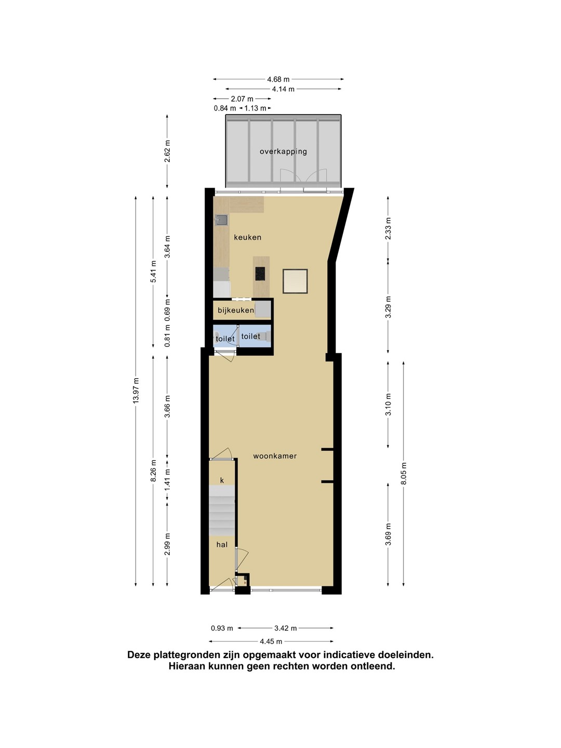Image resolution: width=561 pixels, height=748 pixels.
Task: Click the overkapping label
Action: (283, 152)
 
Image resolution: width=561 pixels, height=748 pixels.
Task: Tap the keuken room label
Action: (248, 237)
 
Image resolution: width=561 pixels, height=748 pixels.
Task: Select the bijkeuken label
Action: (236, 311)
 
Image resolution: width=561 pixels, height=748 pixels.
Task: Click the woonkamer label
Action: (275, 456)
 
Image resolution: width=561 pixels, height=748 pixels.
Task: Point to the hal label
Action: (222, 544)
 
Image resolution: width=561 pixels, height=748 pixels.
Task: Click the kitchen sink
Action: (222, 220)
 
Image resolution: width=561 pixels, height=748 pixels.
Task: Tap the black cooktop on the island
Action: (260, 274)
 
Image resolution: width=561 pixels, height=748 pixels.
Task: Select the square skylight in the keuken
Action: (296, 281)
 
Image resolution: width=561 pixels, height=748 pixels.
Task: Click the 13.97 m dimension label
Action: (136, 391)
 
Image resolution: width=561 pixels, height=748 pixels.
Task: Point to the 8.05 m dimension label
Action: (404, 473)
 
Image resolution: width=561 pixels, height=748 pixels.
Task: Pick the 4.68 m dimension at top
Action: (278, 79)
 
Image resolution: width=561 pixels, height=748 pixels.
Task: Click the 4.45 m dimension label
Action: (271, 642)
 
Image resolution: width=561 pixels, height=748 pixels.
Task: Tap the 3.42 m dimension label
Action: (286, 628)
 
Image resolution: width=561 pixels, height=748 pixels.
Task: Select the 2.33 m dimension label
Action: (389, 229)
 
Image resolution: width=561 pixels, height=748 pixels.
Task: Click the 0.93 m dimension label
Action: (222, 628)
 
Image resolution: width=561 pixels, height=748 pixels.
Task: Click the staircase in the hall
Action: (222, 511)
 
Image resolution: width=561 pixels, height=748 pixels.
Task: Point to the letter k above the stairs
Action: (222, 480)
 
